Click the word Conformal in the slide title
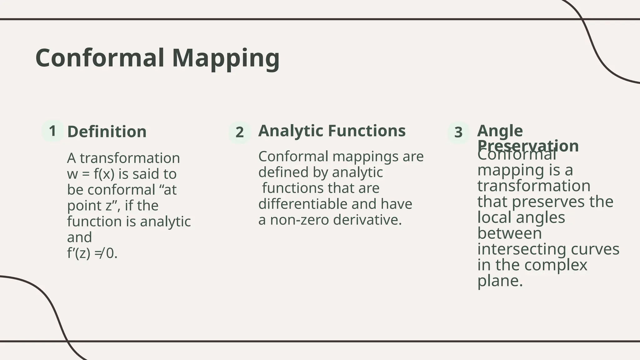coord(100,58)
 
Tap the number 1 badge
coord(52,131)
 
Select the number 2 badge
coord(240,132)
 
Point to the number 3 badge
coord(458,132)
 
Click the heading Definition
coord(107,132)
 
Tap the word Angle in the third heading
coord(500,131)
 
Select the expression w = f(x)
coord(91,174)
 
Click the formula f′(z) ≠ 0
coord(92,253)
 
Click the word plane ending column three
coord(500,281)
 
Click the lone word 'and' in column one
coord(79,237)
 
